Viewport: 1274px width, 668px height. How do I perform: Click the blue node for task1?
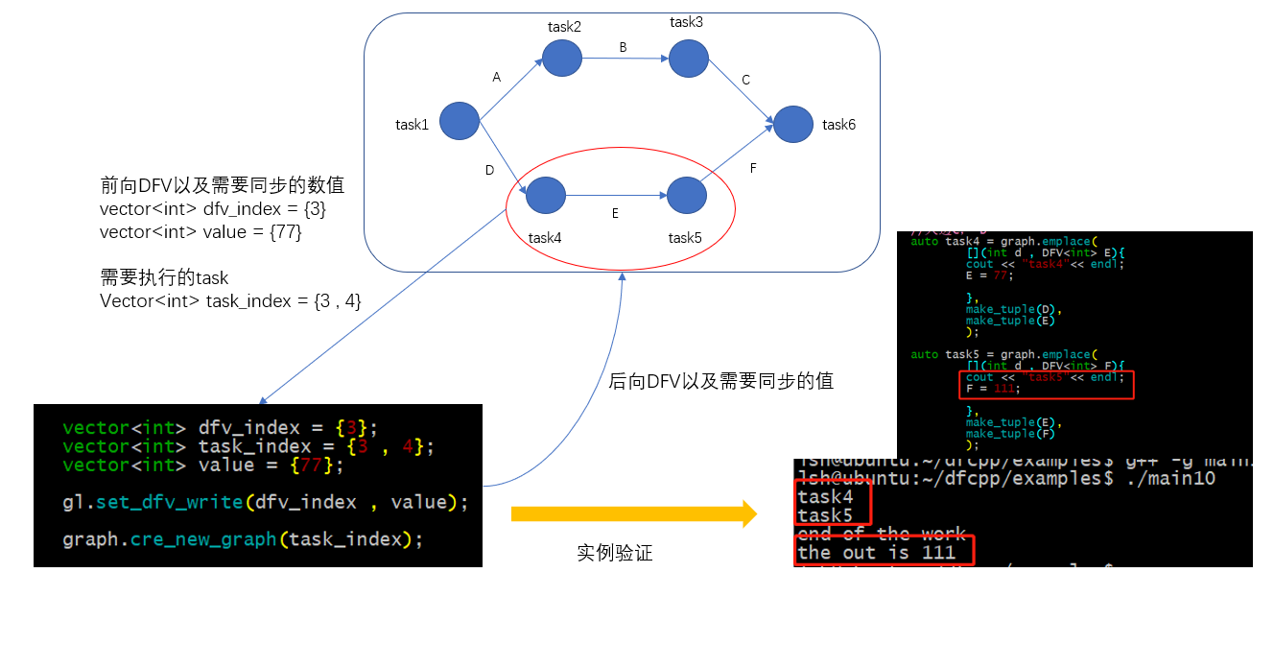coord(460,122)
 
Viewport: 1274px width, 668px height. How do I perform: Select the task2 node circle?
coord(562,59)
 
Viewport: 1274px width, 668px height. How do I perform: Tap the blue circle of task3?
coord(689,59)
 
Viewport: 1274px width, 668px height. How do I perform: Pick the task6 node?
coord(793,125)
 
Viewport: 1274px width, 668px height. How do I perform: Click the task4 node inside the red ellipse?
coord(546,196)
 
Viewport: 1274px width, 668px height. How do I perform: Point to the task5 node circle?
coord(687,195)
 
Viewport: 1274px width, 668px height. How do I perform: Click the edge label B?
coord(623,47)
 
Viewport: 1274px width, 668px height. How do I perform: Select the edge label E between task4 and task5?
coord(615,214)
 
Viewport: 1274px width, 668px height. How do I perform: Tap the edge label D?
coord(489,170)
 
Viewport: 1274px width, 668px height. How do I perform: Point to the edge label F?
coord(753,168)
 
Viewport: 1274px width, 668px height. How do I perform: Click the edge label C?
coord(745,80)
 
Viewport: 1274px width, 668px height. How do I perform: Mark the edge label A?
coord(496,78)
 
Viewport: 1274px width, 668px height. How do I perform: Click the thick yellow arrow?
coord(633,513)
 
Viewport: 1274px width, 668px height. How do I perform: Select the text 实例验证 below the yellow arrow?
coord(615,553)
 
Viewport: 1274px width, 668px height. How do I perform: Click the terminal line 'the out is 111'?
coord(876,552)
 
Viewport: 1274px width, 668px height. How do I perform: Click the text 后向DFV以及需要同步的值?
coord(720,381)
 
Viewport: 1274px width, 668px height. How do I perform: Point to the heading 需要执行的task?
coord(164,277)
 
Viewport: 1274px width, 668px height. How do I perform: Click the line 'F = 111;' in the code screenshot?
coord(989,389)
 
